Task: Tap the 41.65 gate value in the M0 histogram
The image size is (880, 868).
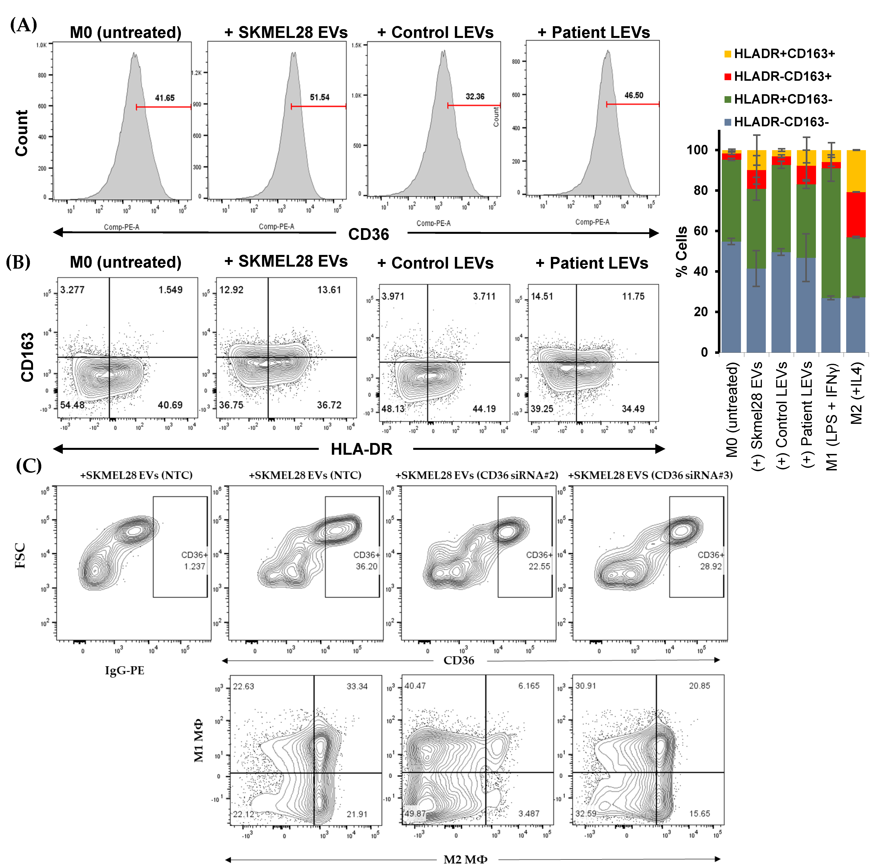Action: pos(164,98)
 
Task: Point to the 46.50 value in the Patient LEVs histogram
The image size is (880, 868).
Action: pos(634,95)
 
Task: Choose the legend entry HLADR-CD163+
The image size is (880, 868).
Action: pos(782,76)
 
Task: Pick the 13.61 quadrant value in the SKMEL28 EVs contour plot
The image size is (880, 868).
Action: pos(329,290)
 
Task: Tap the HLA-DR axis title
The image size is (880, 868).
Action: pos(361,449)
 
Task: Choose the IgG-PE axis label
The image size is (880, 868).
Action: pos(124,670)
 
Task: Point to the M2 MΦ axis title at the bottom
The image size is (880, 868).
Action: pos(465,859)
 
